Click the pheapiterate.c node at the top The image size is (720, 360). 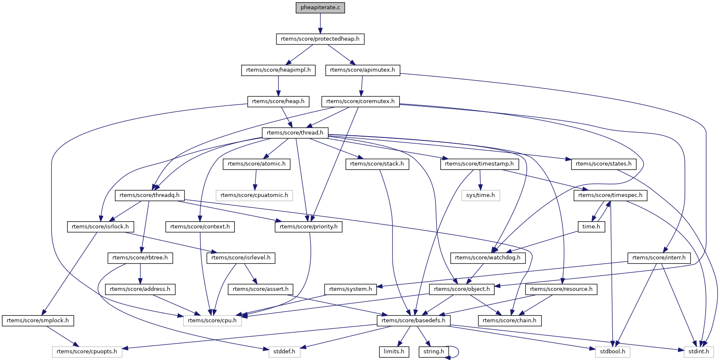[320, 8]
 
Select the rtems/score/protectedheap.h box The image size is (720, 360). [320, 39]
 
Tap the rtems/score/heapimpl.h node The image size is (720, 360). [278, 70]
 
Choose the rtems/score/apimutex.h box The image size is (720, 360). [362, 70]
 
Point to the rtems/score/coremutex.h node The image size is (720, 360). [360, 101]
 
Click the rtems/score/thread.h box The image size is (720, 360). [295, 133]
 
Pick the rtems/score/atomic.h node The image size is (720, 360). [256, 164]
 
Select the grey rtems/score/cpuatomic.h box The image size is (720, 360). [254, 195]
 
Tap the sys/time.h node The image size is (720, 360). [481, 195]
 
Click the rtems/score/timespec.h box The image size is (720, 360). [610, 195]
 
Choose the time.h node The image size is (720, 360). [591, 227]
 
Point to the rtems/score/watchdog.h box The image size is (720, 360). [488, 258]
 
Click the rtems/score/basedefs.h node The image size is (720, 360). [413, 321]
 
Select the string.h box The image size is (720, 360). [434, 352]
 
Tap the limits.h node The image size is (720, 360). [394, 352]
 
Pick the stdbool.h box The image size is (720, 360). [612, 352]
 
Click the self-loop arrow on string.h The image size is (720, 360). [458, 352]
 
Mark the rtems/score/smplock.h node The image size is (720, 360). [38, 321]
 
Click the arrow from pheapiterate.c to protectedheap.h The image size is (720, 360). [320, 23]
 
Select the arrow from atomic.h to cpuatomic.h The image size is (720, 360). [255, 179]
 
